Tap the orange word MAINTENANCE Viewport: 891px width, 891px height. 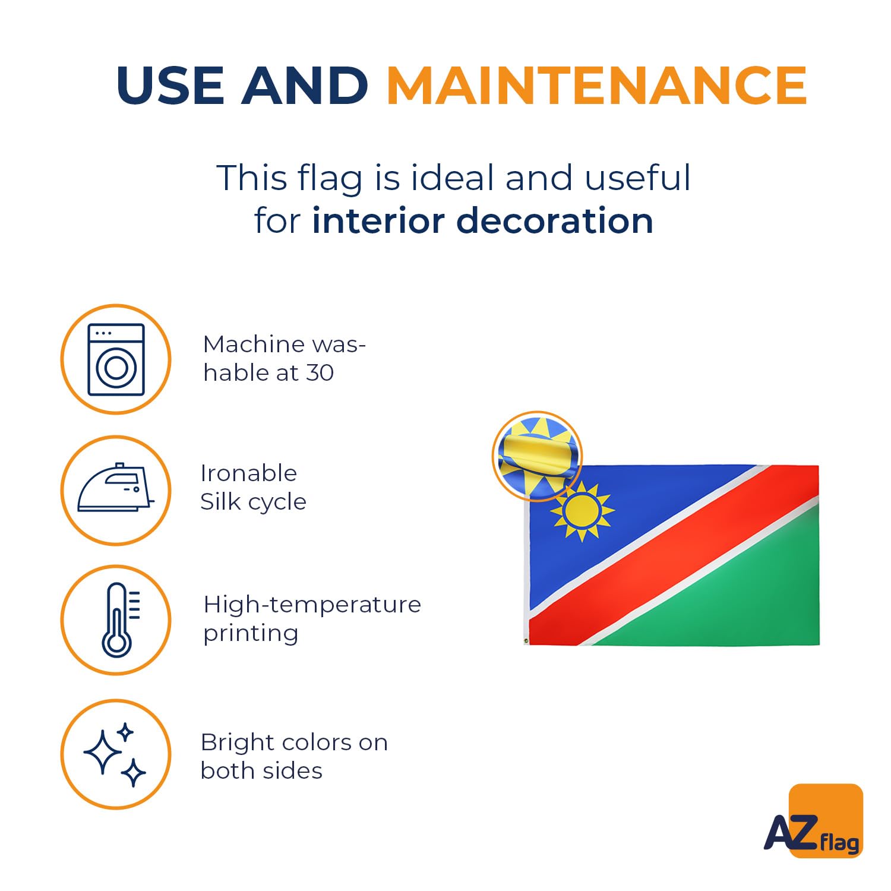click(596, 85)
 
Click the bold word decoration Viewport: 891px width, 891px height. click(555, 220)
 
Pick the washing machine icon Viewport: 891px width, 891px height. click(116, 359)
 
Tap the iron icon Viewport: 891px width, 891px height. click(116, 488)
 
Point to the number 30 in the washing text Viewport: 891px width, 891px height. click(320, 373)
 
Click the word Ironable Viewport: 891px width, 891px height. click(248, 473)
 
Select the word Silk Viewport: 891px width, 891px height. click(220, 502)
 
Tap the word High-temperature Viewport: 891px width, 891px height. click(312, 605)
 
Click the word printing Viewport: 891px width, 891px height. click(250, 634)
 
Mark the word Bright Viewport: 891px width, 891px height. click(238, 742)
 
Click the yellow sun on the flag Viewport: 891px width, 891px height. click(582, 511)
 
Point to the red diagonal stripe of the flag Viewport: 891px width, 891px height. click(674, 555)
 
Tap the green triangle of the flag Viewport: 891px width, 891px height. click(731, 594)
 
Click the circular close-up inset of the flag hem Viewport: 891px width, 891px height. click(537, 456)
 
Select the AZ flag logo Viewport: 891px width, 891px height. click(814, 822)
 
